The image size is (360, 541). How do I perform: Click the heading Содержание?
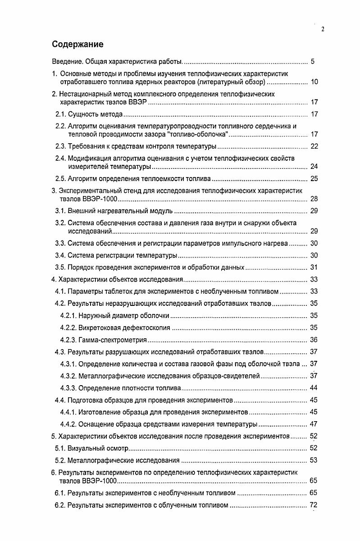77,44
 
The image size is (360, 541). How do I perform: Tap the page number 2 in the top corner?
323,29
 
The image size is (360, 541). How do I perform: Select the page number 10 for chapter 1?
314,82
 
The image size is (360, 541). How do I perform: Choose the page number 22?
314,146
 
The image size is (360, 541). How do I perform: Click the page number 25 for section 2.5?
314,179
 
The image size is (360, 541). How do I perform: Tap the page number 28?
314,199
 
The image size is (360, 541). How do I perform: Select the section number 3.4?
60,256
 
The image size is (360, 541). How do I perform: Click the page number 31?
314,267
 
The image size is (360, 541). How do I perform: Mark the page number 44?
314,388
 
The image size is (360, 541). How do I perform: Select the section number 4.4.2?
68,424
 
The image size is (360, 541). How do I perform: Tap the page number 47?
314,424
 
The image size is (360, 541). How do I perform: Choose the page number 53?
314,460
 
